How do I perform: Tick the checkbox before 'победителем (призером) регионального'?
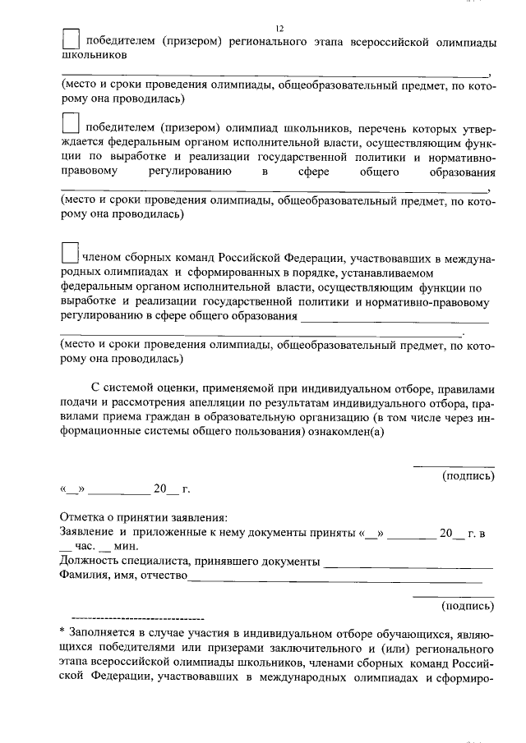click(x=72, y=39)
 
